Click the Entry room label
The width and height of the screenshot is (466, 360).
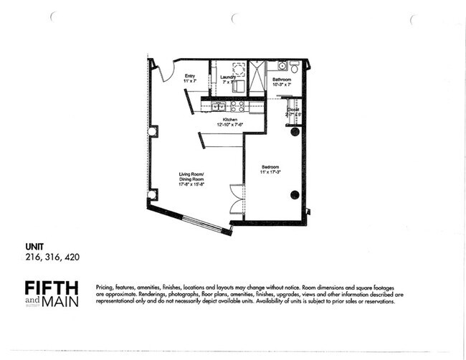click(x=190, y=76)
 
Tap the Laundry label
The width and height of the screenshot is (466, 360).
click(x=228, y=77)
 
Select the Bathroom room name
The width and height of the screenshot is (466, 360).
click(x=282, y=80)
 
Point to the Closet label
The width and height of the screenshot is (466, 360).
click(x=293, y=110)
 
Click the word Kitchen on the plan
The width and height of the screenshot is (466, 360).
click(x=230, y=119)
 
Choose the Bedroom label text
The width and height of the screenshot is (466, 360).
click(x=270, y=167)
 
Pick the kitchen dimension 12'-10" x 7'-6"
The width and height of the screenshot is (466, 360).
click(x=230, y=125)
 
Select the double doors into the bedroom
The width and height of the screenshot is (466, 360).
click(x=237, y=199)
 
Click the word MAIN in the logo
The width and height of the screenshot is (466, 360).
click(x=60, y=302)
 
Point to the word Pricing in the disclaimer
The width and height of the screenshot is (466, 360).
click(x=105, y=287)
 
